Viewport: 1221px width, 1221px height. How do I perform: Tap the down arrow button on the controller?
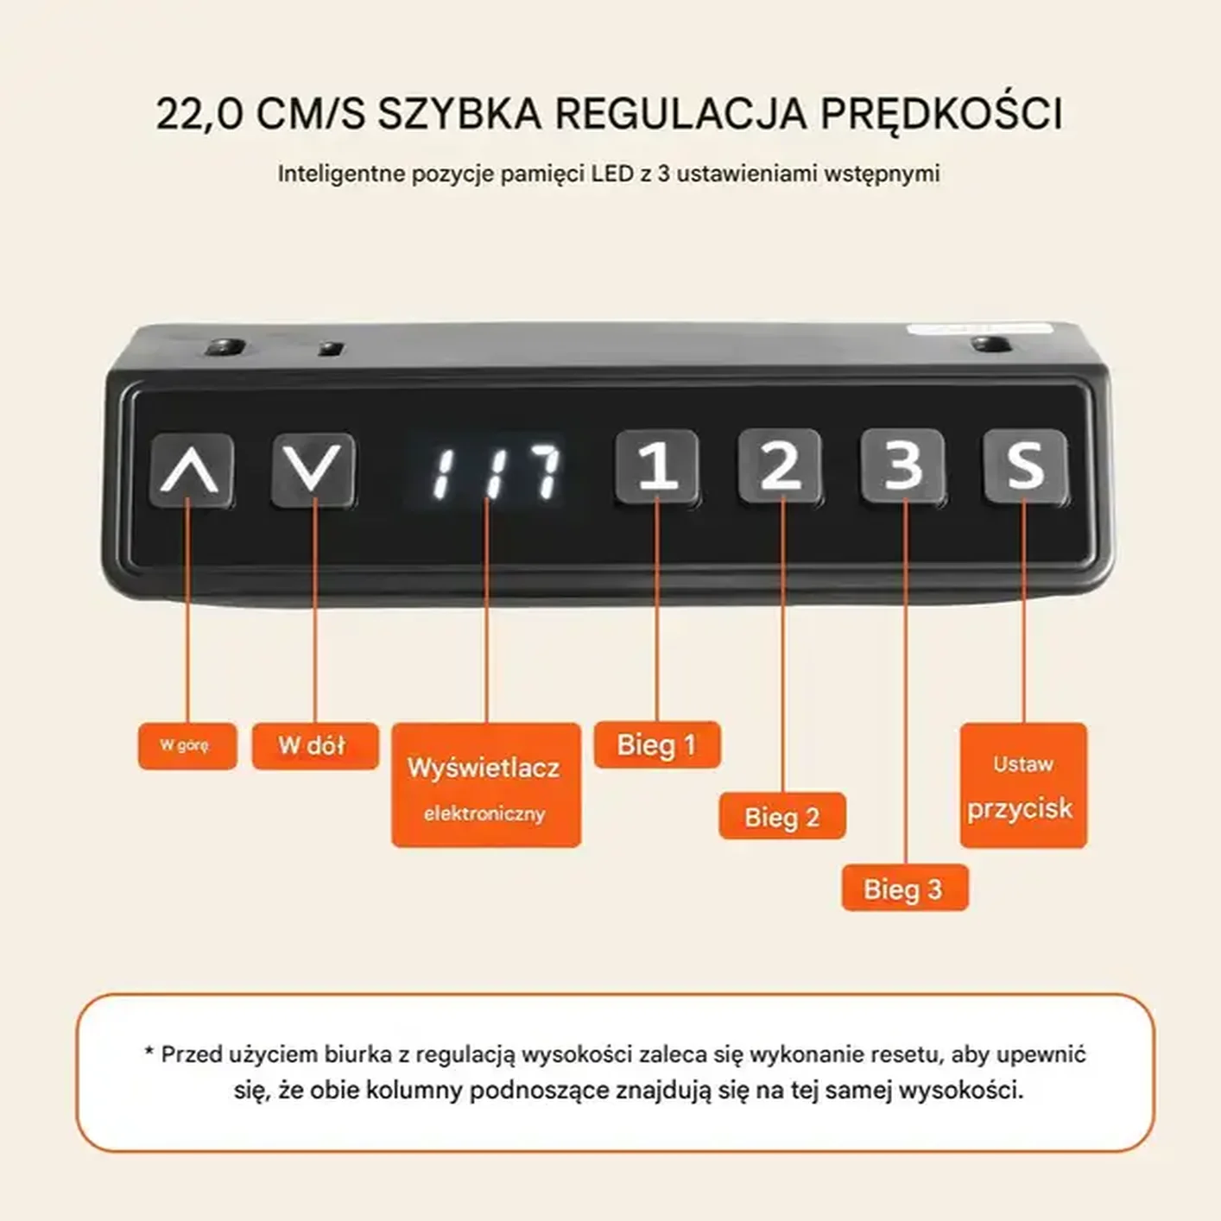pos(313,470)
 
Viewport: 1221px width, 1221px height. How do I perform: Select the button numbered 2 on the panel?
pos(780,465)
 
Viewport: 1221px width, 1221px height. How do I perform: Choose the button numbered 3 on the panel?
pos(902,466)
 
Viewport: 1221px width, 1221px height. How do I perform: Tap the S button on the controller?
pos(1025,467)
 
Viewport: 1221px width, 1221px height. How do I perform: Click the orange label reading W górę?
pos(187,746)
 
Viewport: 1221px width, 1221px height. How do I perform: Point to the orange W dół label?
pos(315,746)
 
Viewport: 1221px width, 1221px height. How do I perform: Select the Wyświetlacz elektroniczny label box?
pos(486,785)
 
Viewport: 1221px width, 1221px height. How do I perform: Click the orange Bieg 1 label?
pos(657,744)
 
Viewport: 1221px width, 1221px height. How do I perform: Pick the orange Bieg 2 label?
pos(781,816)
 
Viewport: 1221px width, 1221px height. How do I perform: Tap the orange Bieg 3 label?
pos(905,889)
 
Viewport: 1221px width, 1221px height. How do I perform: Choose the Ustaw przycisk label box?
pos(1023,786)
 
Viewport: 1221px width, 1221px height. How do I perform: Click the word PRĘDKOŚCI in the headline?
pos(941,115)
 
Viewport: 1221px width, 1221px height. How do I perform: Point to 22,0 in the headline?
pos(199,116)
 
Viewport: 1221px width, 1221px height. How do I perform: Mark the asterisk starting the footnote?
pos(149,1053)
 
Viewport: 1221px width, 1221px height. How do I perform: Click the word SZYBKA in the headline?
pos(460,115)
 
